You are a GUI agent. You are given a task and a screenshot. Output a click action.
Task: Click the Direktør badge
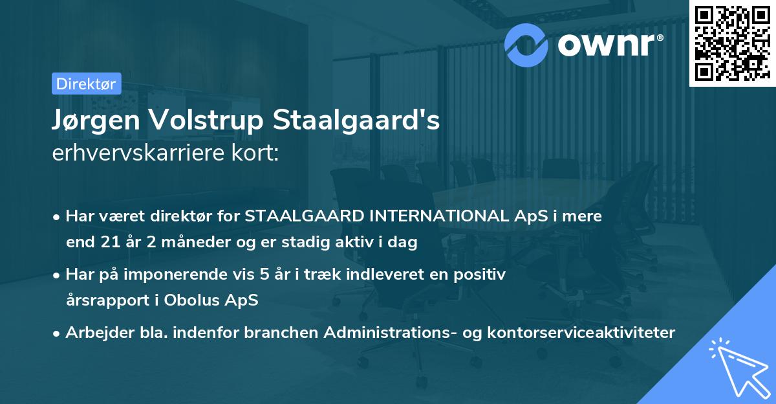[86, 84]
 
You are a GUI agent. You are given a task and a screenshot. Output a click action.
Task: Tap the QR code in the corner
[731, 43]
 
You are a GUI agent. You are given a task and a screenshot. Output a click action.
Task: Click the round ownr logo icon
[526, 44]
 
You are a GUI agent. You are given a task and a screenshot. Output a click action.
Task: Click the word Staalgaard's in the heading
[356, 121]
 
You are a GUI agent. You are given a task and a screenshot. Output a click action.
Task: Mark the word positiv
[481, 275]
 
